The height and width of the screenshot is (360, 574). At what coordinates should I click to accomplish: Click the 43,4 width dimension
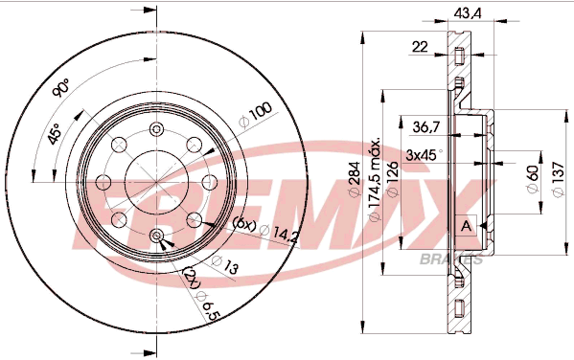(x=467, y=13)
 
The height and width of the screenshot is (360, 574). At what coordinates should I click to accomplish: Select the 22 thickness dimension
(x=420, y=47)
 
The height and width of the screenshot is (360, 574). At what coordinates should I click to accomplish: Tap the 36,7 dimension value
(x=426, y=127)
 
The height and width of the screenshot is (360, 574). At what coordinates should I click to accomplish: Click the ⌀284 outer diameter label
(x=355, y=179)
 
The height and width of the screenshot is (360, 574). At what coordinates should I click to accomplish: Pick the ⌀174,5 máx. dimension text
(x=375, y=180)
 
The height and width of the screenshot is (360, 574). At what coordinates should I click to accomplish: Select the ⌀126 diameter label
(x=393, y=179)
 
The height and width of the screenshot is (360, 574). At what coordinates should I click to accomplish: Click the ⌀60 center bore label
(x=533, y=178)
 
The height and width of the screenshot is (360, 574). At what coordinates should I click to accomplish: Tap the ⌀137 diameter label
(x=558, y=179)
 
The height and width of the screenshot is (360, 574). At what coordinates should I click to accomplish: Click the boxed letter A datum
(x=466, y=226)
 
